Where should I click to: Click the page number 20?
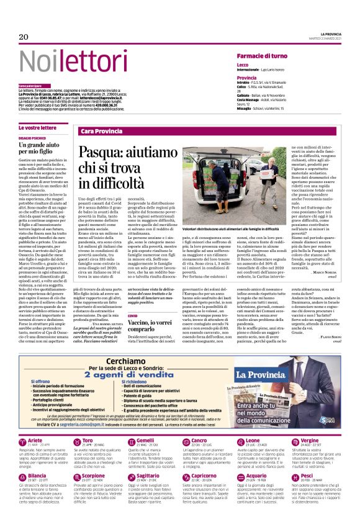[24, 38]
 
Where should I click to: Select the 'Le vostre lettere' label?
[37, 127]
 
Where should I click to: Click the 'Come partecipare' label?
[30, 85]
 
